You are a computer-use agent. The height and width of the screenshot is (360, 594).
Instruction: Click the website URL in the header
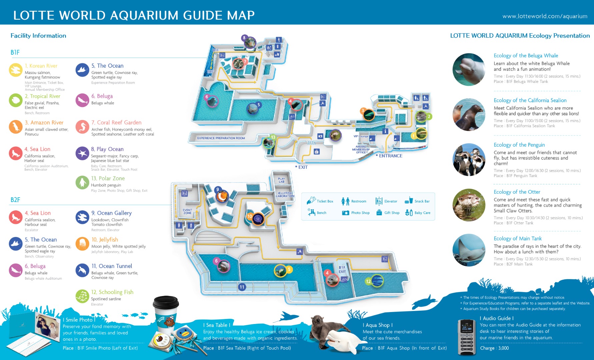[x=545, y=16]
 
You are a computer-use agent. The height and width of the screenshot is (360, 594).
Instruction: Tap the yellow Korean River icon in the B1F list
[x=16, y=70]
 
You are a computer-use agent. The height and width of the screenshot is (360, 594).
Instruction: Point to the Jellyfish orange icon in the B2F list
[x=82, y=244]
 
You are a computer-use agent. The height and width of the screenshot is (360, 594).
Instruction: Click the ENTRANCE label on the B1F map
[x=390, y=156]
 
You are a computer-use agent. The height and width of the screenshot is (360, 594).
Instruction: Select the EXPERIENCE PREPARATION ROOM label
[x=221, y=138]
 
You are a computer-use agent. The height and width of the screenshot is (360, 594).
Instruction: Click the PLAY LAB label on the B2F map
[x=281, y=180]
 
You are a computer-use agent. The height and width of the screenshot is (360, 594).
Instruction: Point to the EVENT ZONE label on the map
[x=187, y=212]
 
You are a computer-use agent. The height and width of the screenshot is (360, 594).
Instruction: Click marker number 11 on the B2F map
[x=242, y=287]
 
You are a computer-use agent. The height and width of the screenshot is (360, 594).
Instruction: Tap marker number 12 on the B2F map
[x=368, y=281]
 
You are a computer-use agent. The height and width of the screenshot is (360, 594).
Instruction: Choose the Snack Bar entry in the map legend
[x=417, y=201]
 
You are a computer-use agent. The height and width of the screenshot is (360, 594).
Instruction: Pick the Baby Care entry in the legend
[x=418, y=213]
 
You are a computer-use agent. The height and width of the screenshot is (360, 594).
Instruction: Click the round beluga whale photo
[x=469, y=69]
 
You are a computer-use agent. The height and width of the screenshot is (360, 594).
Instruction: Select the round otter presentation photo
[x=469, y=205]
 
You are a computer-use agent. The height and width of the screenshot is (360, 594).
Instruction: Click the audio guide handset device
[x=467, y=337]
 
